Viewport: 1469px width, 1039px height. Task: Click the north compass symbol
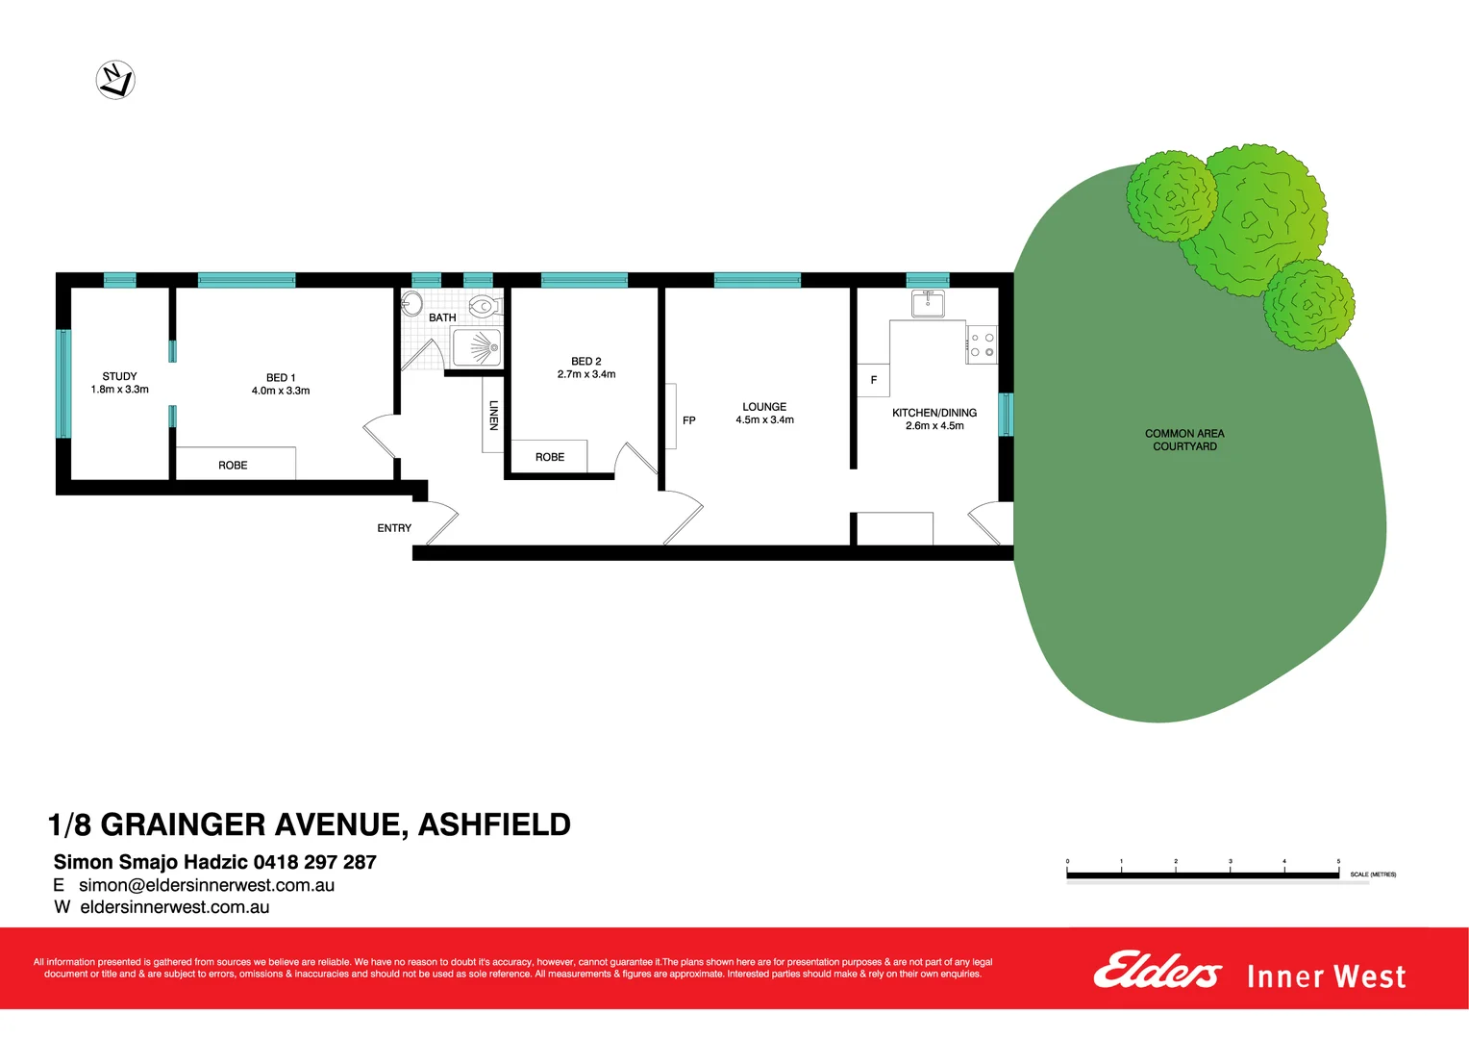(x=115, y=79)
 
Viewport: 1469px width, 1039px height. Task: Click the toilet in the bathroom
(x=485, y=307)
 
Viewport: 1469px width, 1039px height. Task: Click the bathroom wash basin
(x=411, y=303)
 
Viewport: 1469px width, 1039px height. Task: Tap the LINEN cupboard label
(x=493, y=415)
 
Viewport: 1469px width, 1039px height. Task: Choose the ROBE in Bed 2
(x=549, y=457)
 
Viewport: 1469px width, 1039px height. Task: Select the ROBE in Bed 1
(x=233, y=465)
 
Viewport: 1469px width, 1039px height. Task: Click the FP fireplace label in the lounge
(x=688, y=420)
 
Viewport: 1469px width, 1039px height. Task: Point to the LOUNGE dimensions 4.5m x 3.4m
(x=764, y=419)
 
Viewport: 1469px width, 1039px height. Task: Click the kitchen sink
(x=928, y=304)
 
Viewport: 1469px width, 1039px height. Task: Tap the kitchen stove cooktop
(x=982, y=344)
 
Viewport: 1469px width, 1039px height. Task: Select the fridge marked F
(x=874, y=380)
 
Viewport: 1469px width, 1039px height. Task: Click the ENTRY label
(x=394, y=528)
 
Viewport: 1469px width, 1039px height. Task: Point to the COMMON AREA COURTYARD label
(x=1184, y=440)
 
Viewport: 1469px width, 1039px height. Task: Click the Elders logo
(x=1157, y=971)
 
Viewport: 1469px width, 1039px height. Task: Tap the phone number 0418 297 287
(x=314, y=862)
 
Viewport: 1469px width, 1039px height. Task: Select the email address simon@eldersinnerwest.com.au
(x=207, y=885)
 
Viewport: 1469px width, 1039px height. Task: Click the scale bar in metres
(x=1202, y=874)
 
